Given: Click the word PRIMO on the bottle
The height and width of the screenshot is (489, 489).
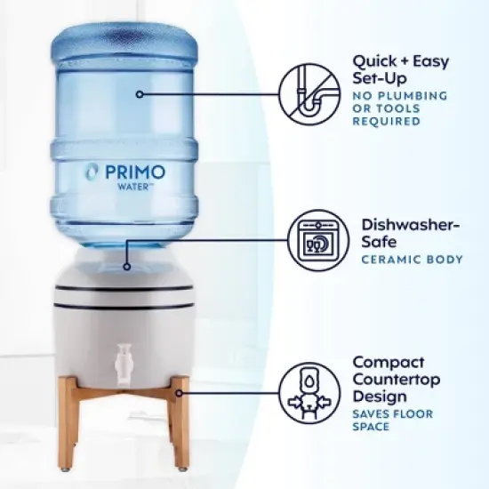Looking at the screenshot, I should click(x=134, y=171).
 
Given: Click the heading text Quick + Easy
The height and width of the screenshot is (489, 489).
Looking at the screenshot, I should click(x=401, y=62).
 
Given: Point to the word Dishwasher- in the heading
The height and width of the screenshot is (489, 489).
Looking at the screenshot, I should click(x=410, y=224).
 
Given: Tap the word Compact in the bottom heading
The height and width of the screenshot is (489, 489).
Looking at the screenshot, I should click(x=388, y=362).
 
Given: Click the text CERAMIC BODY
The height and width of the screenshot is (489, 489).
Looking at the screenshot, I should click(x=412, y=260).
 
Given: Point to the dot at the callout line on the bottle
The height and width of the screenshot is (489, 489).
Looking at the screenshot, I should click(x=139, y=92).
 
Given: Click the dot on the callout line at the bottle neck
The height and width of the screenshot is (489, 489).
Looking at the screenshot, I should click(x=127, y=266).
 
